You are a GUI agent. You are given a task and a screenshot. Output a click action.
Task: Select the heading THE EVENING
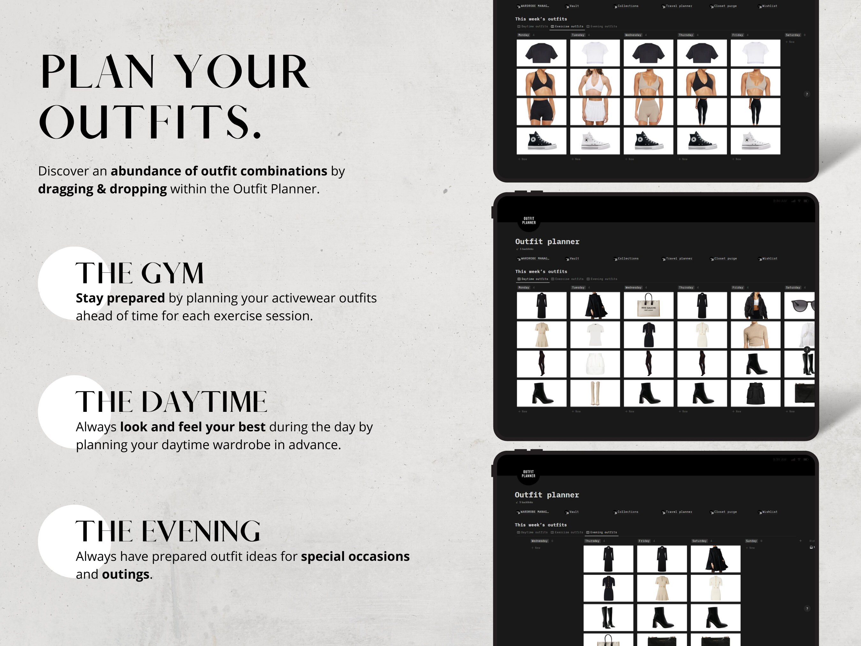[x=168, y=531]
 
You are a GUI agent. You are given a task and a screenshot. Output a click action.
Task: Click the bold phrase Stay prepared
[x=120, y=298]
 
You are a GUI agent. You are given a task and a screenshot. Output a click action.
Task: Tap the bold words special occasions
[x=355, y=556]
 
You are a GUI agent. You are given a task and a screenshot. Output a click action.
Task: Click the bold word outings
[x=125, y=574]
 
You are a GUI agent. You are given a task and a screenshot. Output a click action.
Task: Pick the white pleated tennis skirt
[x=595, y=111]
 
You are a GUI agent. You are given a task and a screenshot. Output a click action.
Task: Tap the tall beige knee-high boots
[x=595, y=393]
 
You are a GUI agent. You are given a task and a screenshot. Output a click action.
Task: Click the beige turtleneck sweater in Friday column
[x=755, y=335]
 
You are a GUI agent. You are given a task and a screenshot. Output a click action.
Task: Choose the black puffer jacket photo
[x=755, y=306]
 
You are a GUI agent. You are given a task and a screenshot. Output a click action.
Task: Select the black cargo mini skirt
[x=755, y=393]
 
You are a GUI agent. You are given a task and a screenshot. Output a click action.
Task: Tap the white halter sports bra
[x=595, y=82]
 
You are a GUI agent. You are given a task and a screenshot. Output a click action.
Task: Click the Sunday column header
[x=751, y=541]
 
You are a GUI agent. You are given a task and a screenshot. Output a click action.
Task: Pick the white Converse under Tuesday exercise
[x=595, y=141]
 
